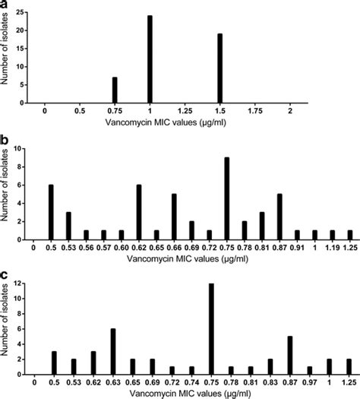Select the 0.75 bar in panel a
tap(115, 89)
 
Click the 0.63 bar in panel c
tap(112, 349)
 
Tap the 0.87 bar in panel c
tap(289, 353)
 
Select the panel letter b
tap(6, 141)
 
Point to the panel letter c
tap(6, 274)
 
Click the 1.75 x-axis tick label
tap(255, 111)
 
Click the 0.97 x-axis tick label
tap(309, 379)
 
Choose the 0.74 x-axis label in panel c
tap(191, 379)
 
